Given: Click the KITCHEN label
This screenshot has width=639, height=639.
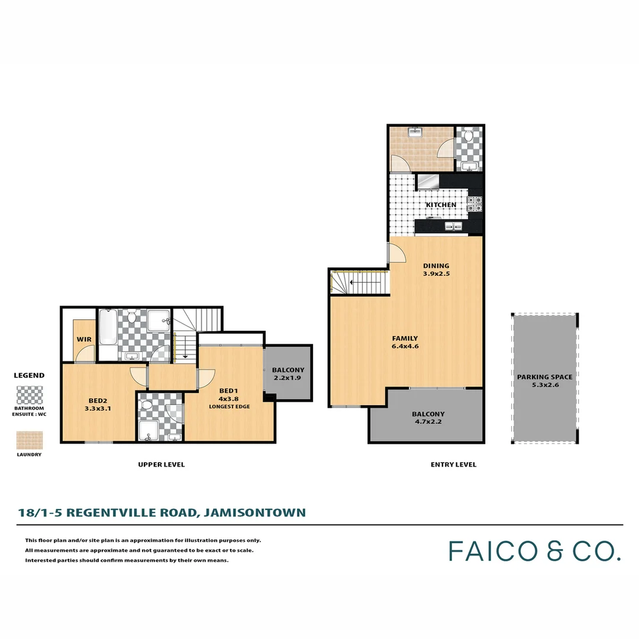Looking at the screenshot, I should pyautogui.click(x=442, y=205).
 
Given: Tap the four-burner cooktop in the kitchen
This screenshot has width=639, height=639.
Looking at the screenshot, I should pyautogui.click(x=475, y=205).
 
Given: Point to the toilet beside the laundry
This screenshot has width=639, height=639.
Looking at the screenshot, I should pyautogui.click(x=469, y=135).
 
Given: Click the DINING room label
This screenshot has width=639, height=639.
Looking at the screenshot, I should pyautogui.click(x=436, y=266).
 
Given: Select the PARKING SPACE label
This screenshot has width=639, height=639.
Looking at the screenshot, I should pyautogui.click(x=544, y=377).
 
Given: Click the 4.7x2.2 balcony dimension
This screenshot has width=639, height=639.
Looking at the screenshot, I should pyautogui.click(x=428, y=422).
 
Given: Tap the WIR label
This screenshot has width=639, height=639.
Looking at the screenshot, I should pyautogui.click(x=83, y=340).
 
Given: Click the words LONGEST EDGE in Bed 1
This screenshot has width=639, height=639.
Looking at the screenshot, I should pyautogui.click(x=228, y=406).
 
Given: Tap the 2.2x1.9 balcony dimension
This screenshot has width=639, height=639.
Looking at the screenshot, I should pyautogui.click(x=288, y=378).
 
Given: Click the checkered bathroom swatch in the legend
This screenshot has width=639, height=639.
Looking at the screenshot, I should pyautogui.click(x=29, y=395).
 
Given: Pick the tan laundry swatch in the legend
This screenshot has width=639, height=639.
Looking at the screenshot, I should pyautogui.click(x=29, y=440).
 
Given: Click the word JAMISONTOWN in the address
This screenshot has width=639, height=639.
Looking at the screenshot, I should pyautogui.click(x=254, y=512).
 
